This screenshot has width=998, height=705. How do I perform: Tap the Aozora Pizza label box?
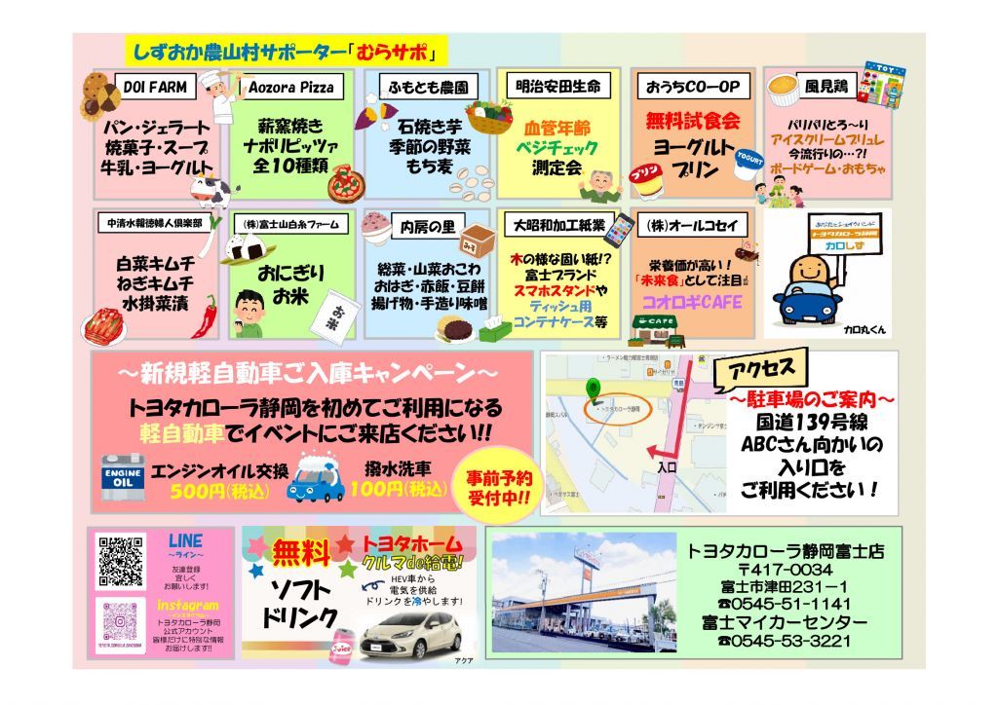tap(291, 88)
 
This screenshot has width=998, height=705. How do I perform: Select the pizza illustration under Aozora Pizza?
tap(345, 183)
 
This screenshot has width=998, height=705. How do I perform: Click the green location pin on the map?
tap(590, 390)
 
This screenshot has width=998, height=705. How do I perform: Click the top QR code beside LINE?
tap(122, 562)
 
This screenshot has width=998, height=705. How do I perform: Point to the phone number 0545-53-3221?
tap(785, 641)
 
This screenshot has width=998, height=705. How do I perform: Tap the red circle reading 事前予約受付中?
tap(500, 488)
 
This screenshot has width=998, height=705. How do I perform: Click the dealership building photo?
tap(583, 592)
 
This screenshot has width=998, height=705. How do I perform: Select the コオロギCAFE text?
tap(691, 302)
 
